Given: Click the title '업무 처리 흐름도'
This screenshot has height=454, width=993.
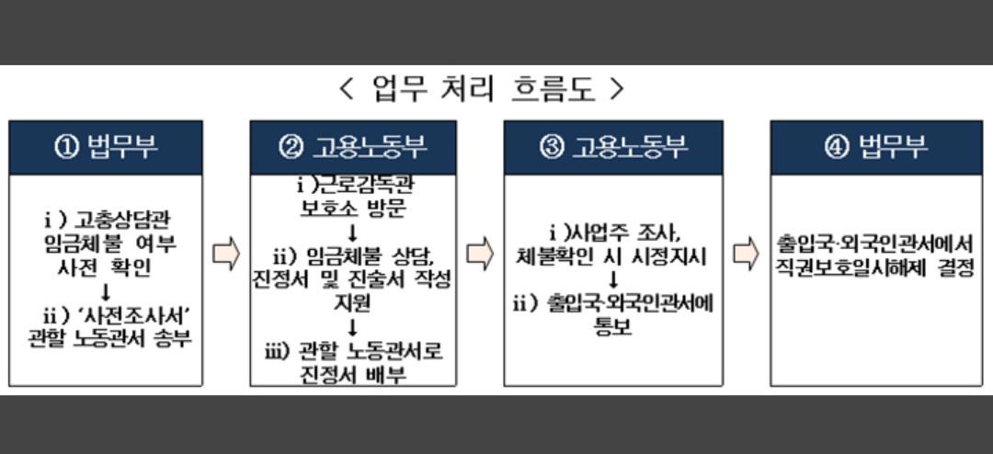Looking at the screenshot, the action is tap(482, 89).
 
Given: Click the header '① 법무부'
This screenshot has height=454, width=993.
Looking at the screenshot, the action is tap(106, 147).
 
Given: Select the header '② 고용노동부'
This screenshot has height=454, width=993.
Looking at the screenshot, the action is tap(353, 147).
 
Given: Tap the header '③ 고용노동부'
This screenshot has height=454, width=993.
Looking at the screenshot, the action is tap(613, 147).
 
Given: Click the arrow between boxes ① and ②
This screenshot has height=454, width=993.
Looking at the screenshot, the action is tap(225, 254).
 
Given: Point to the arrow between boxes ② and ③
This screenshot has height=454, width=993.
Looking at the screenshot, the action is tap(480, 254).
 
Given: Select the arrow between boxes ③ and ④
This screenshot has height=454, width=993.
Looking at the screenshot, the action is tap(746, 254).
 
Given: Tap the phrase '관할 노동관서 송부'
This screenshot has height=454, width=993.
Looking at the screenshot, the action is tap(115, 338).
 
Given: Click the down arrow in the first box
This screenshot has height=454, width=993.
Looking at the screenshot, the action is tap(106, 291).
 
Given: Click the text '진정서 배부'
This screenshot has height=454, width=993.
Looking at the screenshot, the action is tap(354, 375).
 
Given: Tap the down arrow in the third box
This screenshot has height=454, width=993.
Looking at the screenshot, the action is tap(613, 278).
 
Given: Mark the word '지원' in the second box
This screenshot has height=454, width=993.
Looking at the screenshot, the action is tap(353, 302).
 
